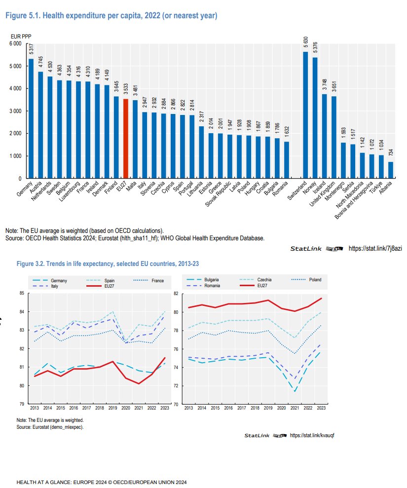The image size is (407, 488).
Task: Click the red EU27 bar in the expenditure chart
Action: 126,139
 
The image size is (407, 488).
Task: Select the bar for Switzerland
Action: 305,115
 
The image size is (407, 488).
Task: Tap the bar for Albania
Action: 391,170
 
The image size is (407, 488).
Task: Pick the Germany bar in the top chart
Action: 31,118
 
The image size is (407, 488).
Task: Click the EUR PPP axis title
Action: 18,36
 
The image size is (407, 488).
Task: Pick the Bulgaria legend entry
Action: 211,280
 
